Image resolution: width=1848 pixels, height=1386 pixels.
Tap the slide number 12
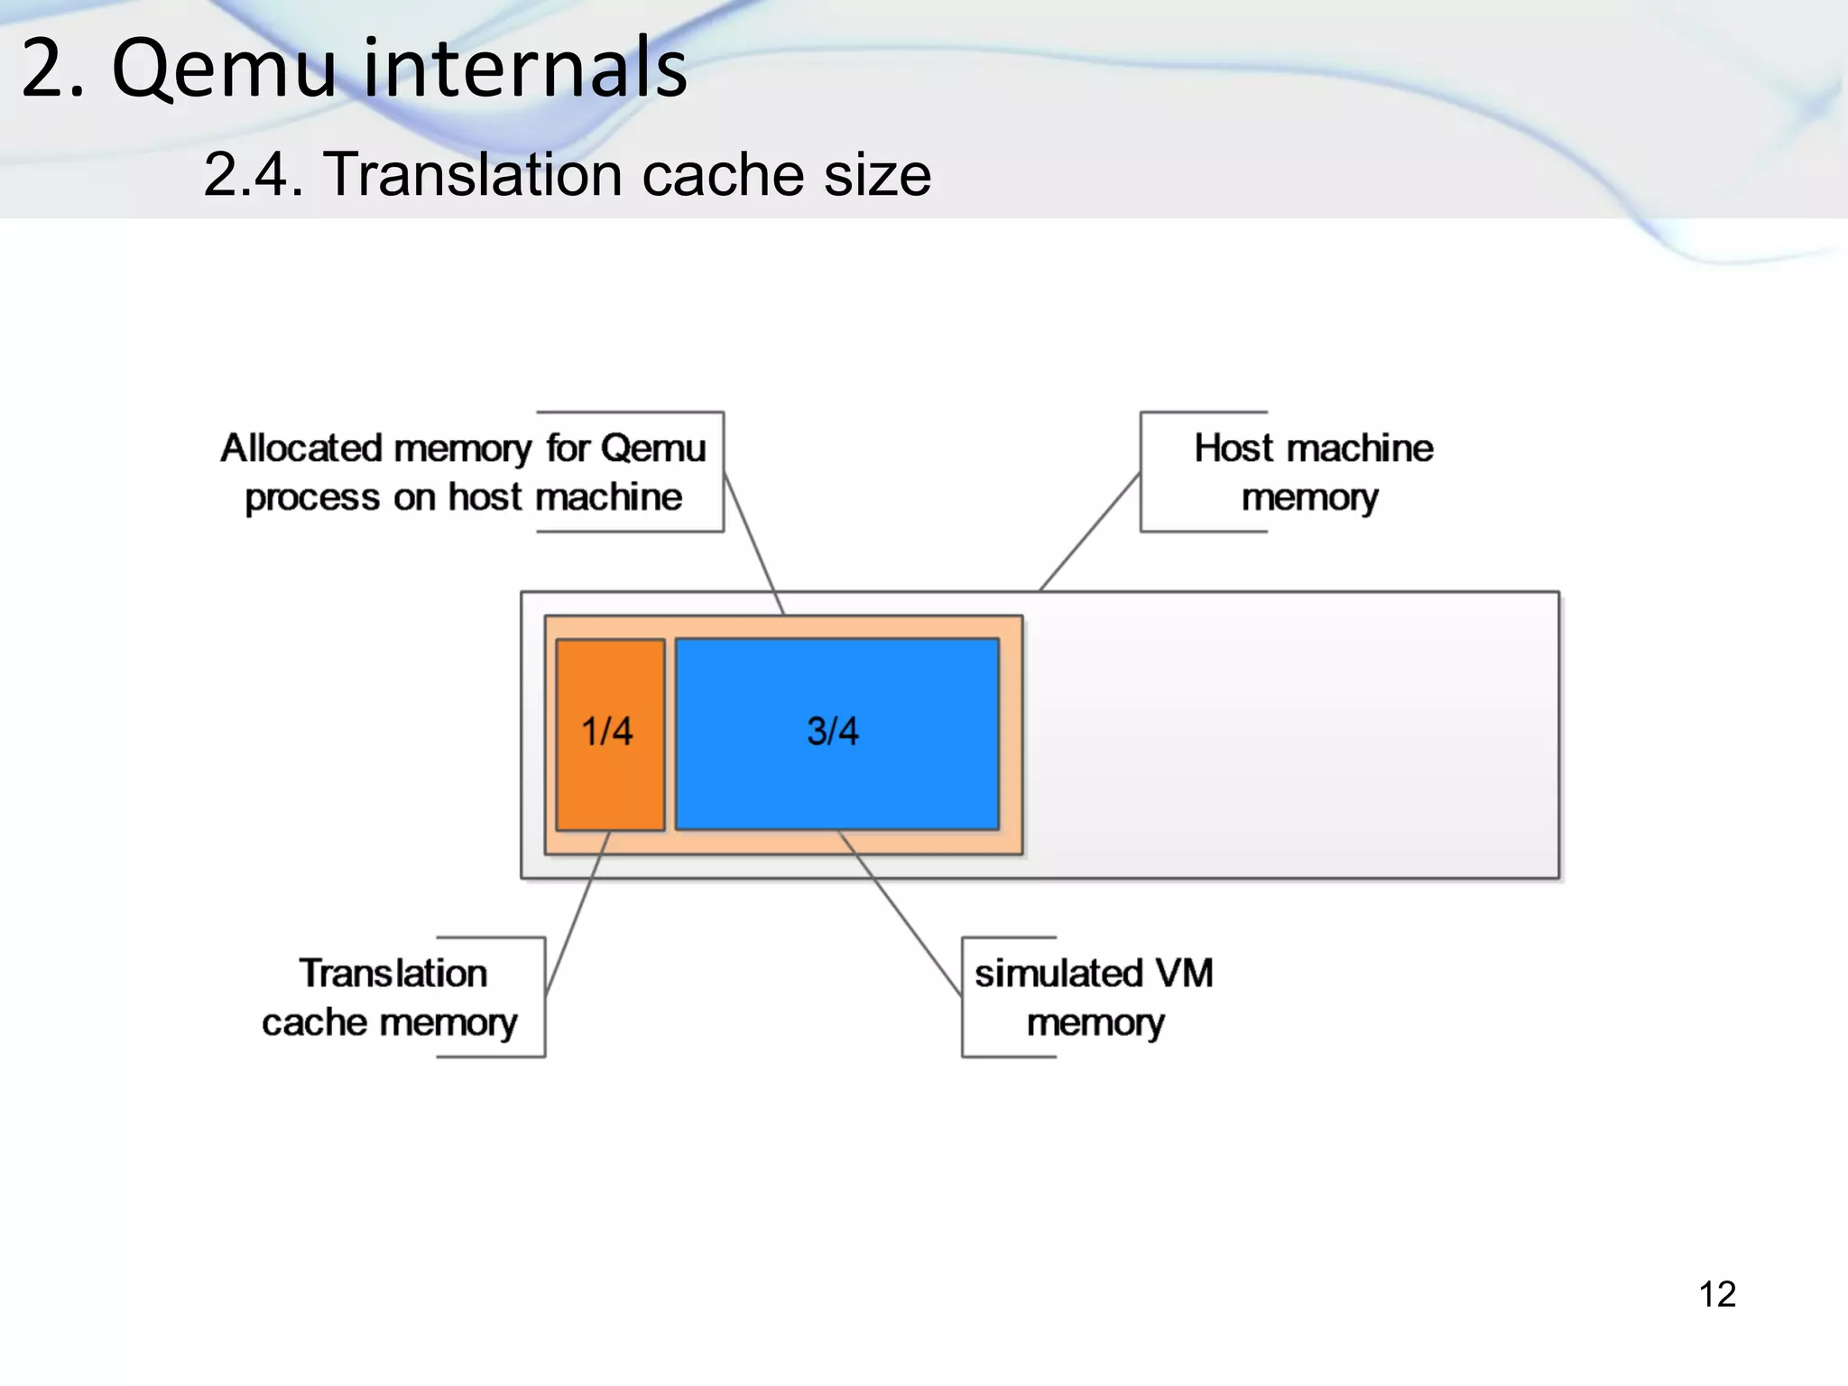click(x=1717, y=1294)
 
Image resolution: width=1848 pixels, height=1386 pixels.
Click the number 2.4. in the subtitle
click(x=254, y=174)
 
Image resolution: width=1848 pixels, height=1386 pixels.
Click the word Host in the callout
click(x=1234, y=448)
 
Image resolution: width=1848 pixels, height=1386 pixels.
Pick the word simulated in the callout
click(x=1058, y=974)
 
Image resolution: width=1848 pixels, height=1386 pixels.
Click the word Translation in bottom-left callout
click(x=393, y=974)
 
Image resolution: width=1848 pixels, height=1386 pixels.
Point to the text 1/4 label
click(x=606, y=731)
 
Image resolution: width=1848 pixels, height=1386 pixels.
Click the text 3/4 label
click(x=832, y=731)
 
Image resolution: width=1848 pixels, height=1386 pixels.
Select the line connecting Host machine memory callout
click(x=1089, y=532)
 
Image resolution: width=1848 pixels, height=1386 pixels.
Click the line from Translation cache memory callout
click(x=577, y=911)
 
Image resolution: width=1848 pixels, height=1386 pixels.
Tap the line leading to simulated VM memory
click(x=900, y=913)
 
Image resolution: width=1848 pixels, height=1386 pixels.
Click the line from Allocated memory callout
click(x=754, y=545)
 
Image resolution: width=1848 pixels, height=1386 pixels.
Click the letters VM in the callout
click(x=1184, y=974)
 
